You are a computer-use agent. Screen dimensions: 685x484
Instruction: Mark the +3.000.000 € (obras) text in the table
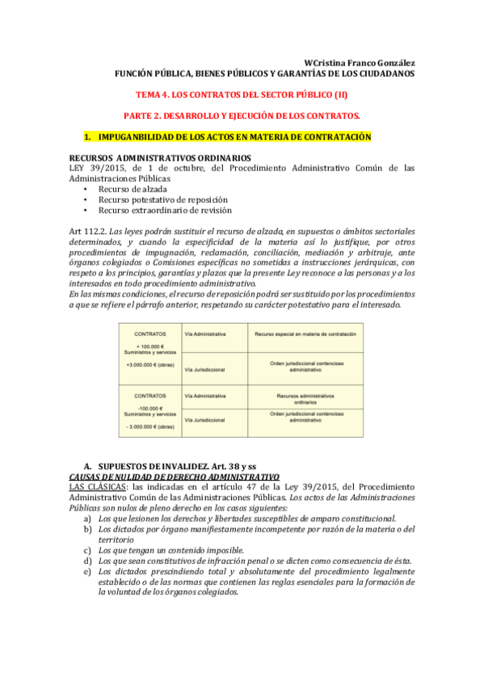click(x=150, y=364)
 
